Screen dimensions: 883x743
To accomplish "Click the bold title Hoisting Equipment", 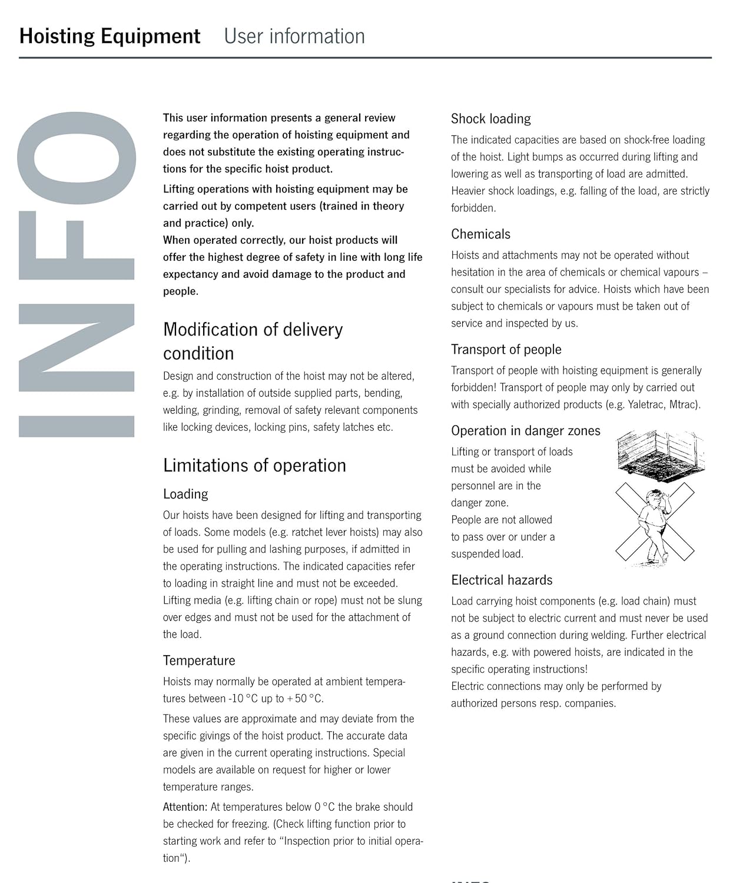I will [x=110, y=36].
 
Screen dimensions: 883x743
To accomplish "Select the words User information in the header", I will [x=294, y=36].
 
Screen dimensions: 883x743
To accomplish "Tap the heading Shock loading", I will [x=490, y=119].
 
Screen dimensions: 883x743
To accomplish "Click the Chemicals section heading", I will [x=480, y=234].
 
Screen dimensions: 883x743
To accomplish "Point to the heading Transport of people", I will [x=506, y=350].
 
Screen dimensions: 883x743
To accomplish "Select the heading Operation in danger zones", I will [x=525, y=431].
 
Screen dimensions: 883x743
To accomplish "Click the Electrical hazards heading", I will [x=502, y=580].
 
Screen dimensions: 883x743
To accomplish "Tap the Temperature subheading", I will [x=199, y=660].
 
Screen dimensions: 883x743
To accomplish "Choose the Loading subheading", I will [x=185, y=494].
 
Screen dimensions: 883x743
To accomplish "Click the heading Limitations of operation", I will [x=254, y=466].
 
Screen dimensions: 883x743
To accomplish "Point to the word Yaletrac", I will [x=646, y=405].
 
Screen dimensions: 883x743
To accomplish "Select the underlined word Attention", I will [x=185, y=807].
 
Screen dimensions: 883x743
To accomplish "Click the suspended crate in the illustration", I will [x=661, y=452].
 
